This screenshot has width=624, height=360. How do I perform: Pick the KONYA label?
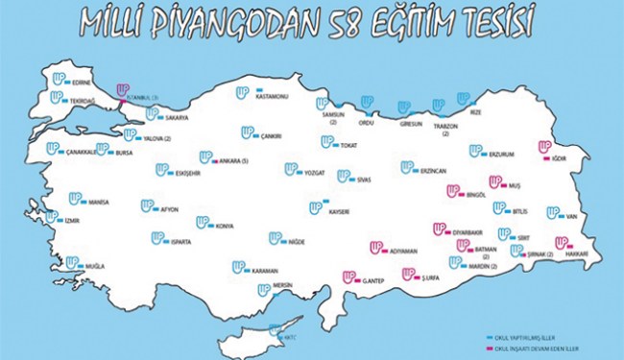[x=225, y=227]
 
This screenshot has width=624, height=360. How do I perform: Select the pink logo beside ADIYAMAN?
[x=377, y=247]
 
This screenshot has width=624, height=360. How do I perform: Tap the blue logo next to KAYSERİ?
[x=316, y=207]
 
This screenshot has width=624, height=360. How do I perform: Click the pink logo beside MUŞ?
[x=496, y=180]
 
